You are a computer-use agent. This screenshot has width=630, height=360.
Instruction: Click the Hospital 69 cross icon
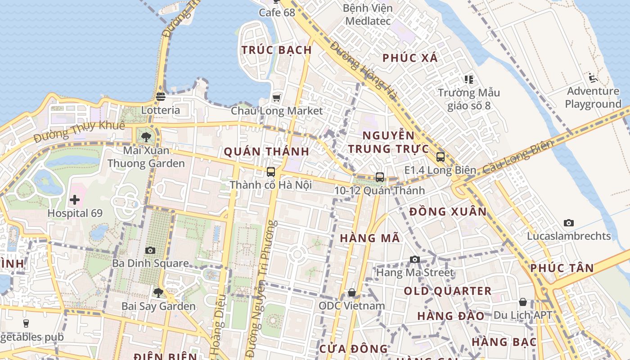click(75, 200)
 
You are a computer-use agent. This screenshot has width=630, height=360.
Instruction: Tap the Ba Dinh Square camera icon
click(150, 250)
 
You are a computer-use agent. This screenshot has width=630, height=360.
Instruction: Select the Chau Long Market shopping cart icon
click(276, 98)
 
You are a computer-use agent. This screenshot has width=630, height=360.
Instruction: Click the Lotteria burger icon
click(161, 97)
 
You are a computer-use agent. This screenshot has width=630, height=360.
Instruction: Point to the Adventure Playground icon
click(593, 78)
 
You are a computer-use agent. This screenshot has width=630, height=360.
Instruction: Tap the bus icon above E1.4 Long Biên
click(440, 157)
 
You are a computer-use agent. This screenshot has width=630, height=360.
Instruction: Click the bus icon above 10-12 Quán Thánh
click(380, 177)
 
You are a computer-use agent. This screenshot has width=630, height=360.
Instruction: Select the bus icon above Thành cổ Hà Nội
click(270, 171)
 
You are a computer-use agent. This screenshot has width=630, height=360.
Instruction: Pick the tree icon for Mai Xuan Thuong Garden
click(146, 137)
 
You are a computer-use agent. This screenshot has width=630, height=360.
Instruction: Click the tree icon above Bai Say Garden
click(158, 293)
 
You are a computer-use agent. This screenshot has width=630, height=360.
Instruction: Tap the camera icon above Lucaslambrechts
click(569, 223)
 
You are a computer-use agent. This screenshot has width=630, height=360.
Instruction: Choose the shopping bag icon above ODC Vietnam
click(352, 293)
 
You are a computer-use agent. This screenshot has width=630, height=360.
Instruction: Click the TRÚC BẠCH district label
click(277, 50)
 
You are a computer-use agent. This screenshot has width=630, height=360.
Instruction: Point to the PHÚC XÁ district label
click(410, 58)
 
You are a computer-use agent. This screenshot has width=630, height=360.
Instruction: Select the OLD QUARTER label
click(447, 291)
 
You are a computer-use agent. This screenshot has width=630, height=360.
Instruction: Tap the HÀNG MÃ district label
click(370, 238)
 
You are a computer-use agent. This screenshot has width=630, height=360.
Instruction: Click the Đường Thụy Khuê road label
click(79, 131)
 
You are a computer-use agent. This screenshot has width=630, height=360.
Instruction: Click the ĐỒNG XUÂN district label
click(448, 211)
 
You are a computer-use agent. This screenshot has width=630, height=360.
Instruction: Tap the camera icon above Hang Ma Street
click(415, 260)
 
